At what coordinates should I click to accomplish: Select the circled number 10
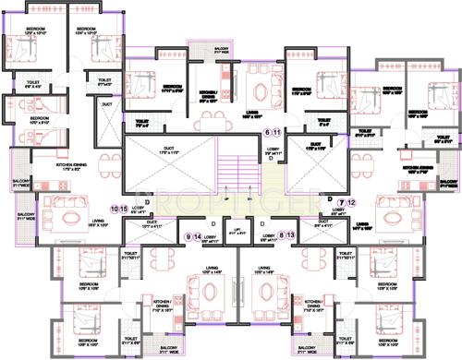tap(115, 210)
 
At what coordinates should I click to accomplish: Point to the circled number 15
tap(125, 210)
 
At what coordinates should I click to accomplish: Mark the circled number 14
tap(197, 237)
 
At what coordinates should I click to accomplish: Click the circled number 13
tap(291, 236)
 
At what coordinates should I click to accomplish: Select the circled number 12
tap(351, 201)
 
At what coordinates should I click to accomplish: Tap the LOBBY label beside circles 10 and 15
tap(139, 210)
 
